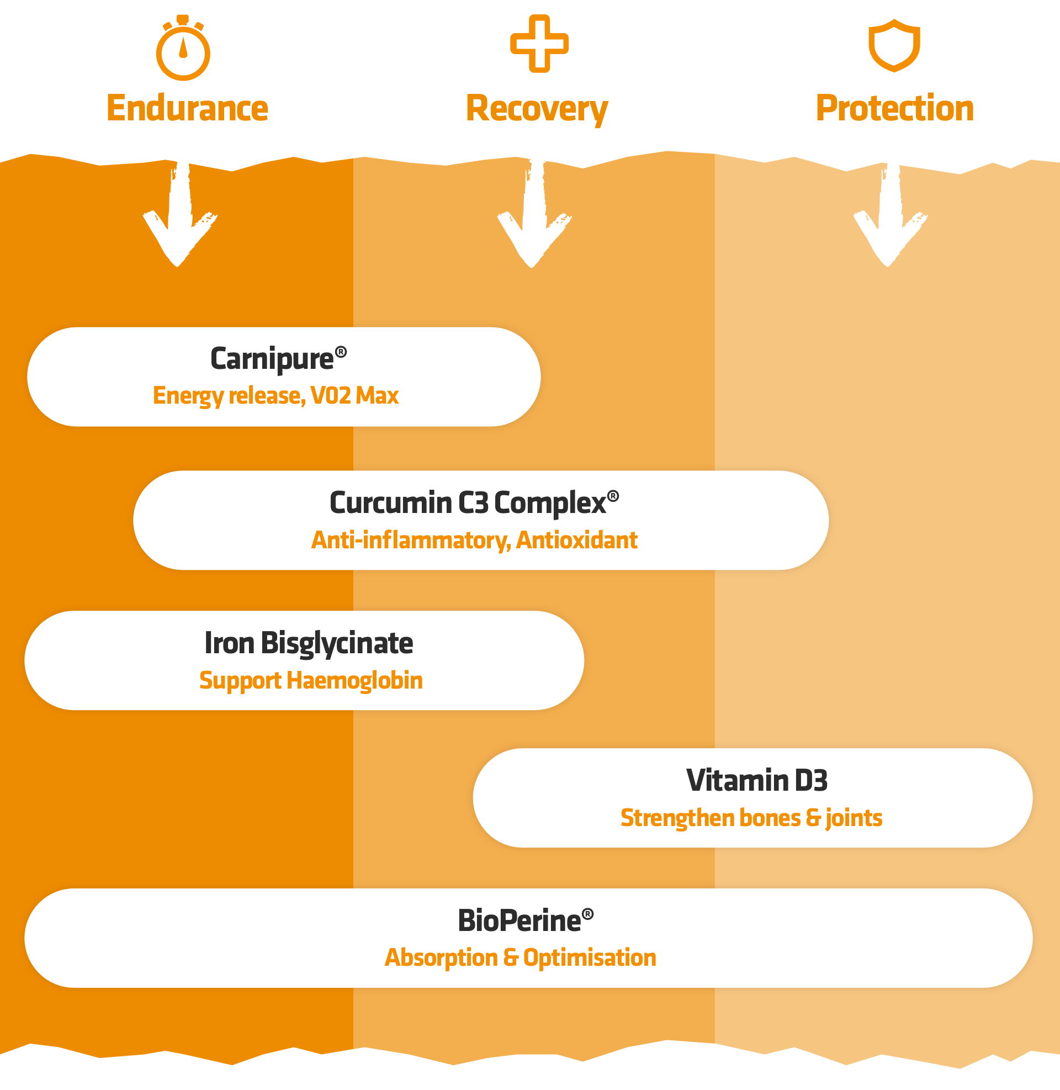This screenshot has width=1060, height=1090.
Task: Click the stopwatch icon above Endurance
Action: click(183, 49)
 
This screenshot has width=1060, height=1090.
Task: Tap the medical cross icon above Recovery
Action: click(539, 44)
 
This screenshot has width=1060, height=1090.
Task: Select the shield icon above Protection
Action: click(894, 46)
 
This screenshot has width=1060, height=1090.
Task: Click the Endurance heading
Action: click(187, 108)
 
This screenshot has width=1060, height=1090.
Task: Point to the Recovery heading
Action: click(537, 109)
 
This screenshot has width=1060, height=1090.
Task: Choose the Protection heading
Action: click(894, 108)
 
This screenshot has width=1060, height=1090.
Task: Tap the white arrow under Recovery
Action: click(533, 217)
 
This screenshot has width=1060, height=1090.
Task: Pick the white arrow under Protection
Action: click(889, 217)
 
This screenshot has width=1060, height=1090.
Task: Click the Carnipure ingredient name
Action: click(272, 359)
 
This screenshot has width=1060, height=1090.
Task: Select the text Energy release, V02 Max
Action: click(275, 396)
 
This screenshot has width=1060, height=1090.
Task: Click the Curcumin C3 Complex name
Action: click(468, 503)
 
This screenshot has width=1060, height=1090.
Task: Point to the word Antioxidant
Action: click(577, 541)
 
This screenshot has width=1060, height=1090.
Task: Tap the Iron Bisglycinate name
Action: click(309, 643)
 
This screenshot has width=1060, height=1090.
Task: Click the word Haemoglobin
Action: click(354, 681)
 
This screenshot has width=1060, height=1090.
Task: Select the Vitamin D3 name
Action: click(756, 780)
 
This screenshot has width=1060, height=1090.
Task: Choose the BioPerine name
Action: click(520, 921)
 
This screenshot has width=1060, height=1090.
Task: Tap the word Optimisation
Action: click(590, 958)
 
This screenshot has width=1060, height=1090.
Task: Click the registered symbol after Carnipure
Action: click(341, 352)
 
